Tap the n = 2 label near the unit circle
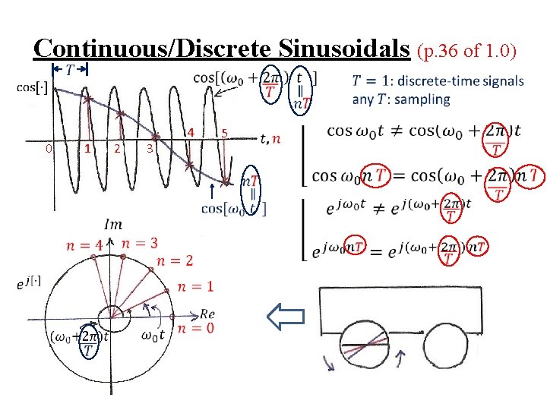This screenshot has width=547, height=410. click(174, 261)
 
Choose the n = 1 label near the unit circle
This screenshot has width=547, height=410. click(194, 287)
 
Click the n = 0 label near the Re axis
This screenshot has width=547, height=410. click(194, 329)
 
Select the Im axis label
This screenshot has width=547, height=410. click(112, 224)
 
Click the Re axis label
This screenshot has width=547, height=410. click(207, 314)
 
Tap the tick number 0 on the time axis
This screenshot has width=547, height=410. click(47, 149)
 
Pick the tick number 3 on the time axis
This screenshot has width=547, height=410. click(150, 149)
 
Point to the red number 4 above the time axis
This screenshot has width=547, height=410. click(191, 131)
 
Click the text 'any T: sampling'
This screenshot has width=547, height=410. click(401, 99)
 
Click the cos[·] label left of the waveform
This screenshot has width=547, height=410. click(33, 88)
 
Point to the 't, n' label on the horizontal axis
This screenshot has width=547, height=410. click(270, 139)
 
